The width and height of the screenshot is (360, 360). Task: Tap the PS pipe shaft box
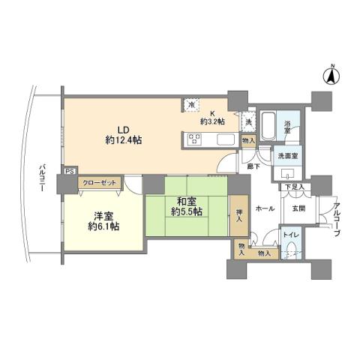point(69,171)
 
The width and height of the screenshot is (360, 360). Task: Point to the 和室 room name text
point(185,201)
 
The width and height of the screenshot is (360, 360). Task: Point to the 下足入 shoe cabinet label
point(294,185)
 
